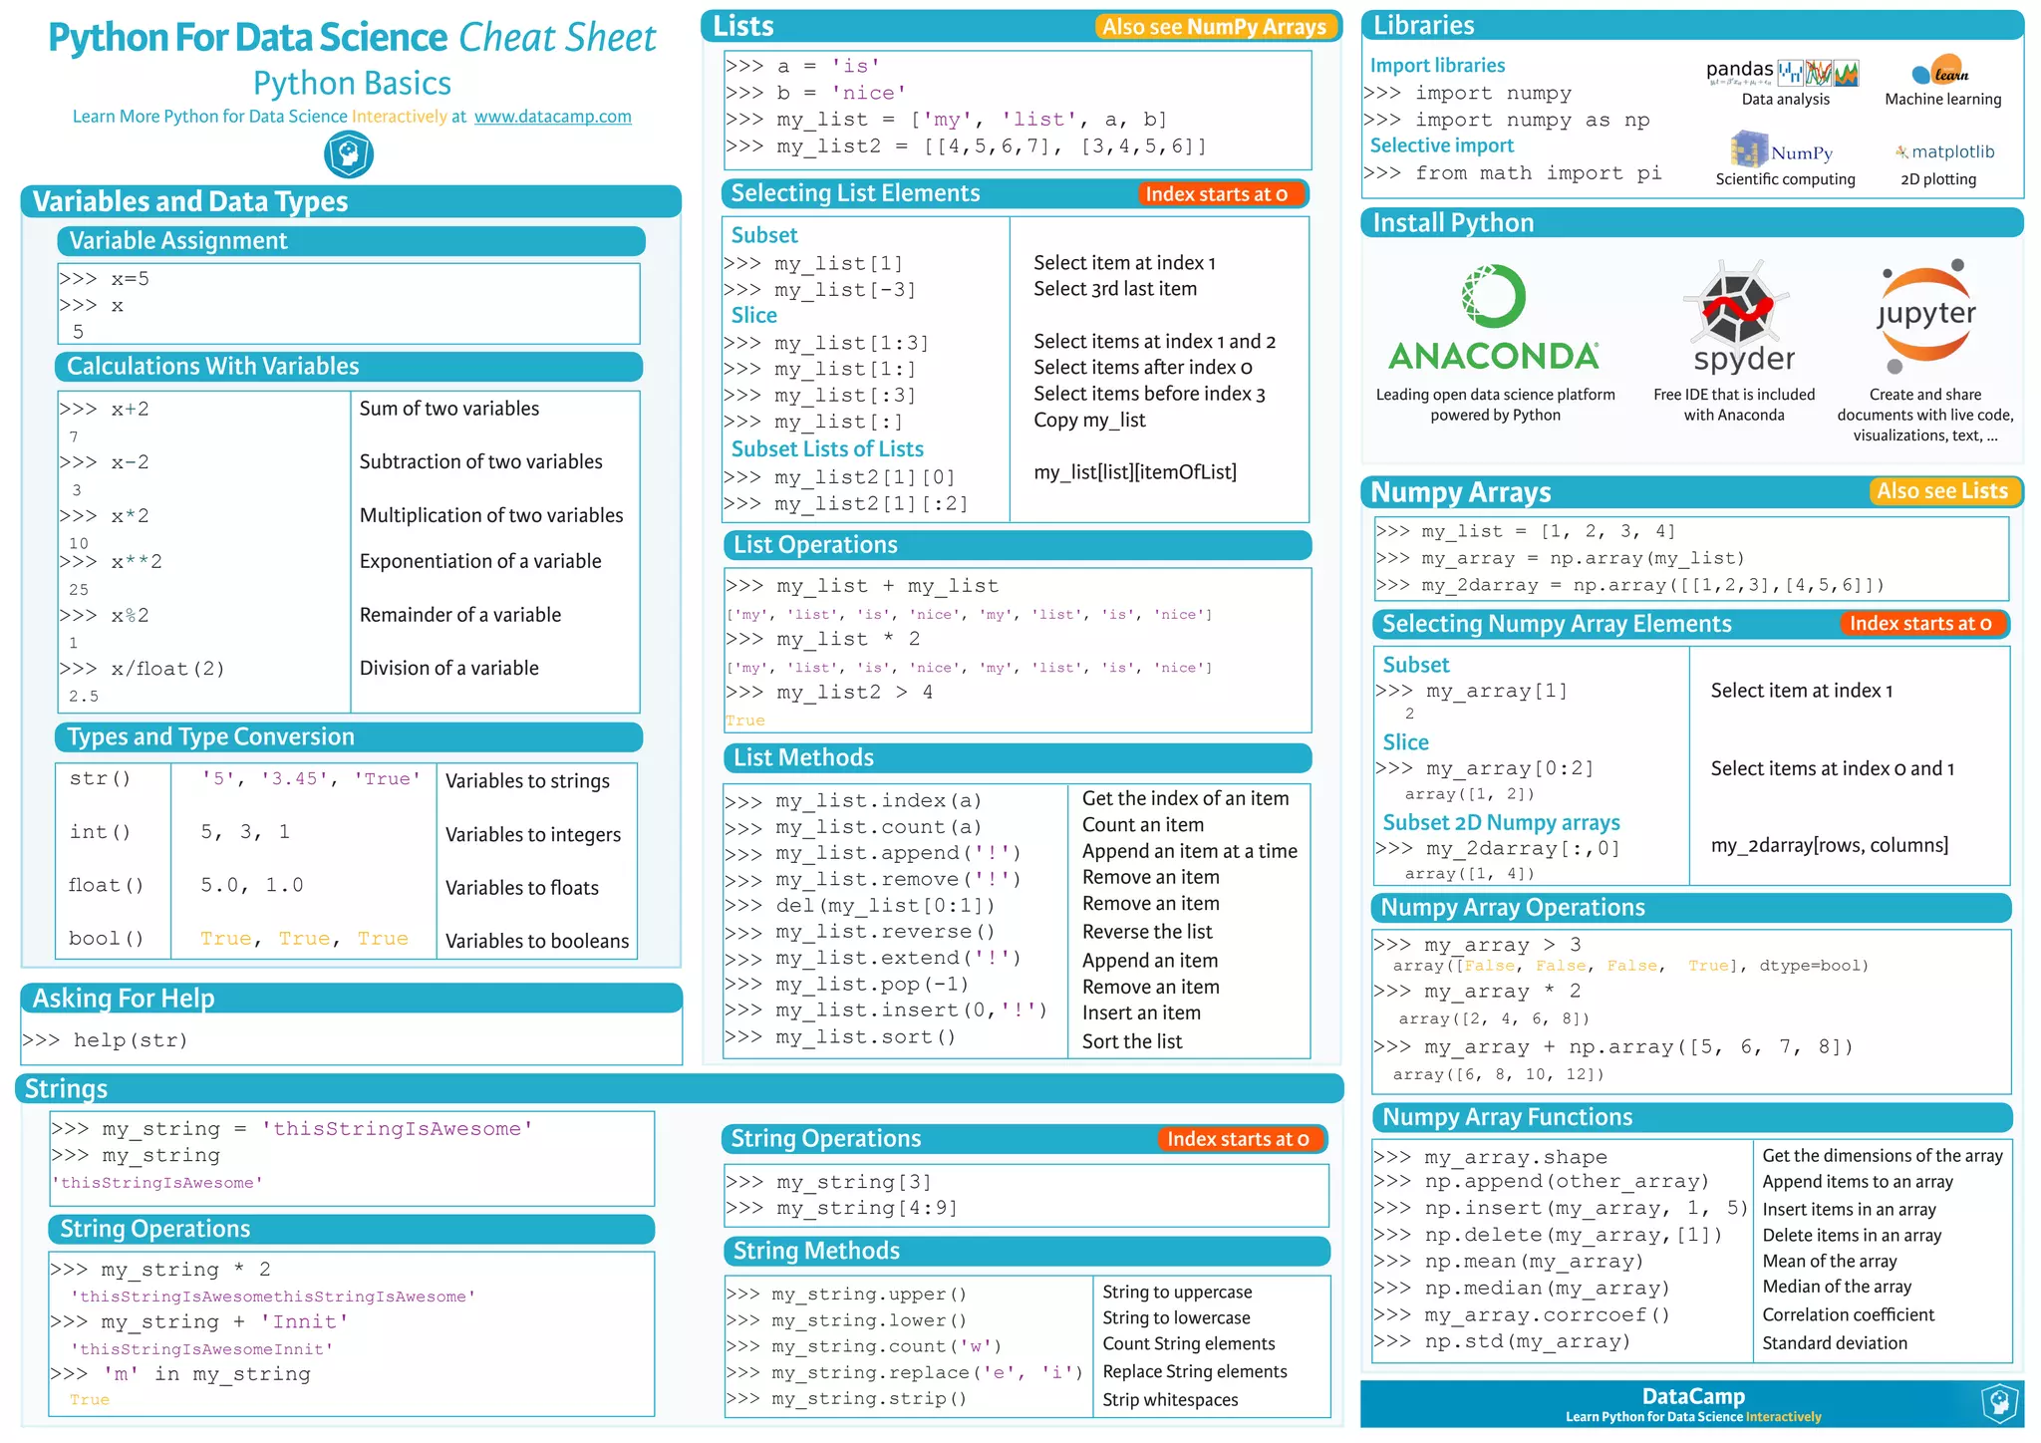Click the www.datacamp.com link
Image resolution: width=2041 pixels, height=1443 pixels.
click(552, 117)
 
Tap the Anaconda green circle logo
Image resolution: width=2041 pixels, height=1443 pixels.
click(1493, 296)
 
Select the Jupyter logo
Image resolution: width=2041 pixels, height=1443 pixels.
click(1925, 314)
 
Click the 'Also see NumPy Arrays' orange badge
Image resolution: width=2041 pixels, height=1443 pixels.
click(1214, 27)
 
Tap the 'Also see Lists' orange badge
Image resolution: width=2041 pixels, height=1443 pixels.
click(1941, 491)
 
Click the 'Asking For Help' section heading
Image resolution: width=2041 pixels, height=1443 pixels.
click(124, 999)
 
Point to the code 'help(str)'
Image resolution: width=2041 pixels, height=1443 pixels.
click(130, 1040)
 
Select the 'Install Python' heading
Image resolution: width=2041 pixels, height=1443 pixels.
click(1453, 223)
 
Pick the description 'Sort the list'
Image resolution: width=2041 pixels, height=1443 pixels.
click(1132, 1041)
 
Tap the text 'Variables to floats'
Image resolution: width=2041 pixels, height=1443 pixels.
click(522, 888)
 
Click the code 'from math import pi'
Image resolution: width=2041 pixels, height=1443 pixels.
click(1538, 173)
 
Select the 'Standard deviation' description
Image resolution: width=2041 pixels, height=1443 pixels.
click(1835, 1343)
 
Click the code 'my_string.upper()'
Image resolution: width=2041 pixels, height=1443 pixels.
click(869, 1295)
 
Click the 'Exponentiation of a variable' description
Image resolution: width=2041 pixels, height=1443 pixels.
click(480, 561)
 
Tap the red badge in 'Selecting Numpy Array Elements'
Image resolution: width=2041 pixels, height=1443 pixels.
click(1919, 624)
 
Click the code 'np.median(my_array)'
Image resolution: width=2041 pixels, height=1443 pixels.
click(1547, 1289)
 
